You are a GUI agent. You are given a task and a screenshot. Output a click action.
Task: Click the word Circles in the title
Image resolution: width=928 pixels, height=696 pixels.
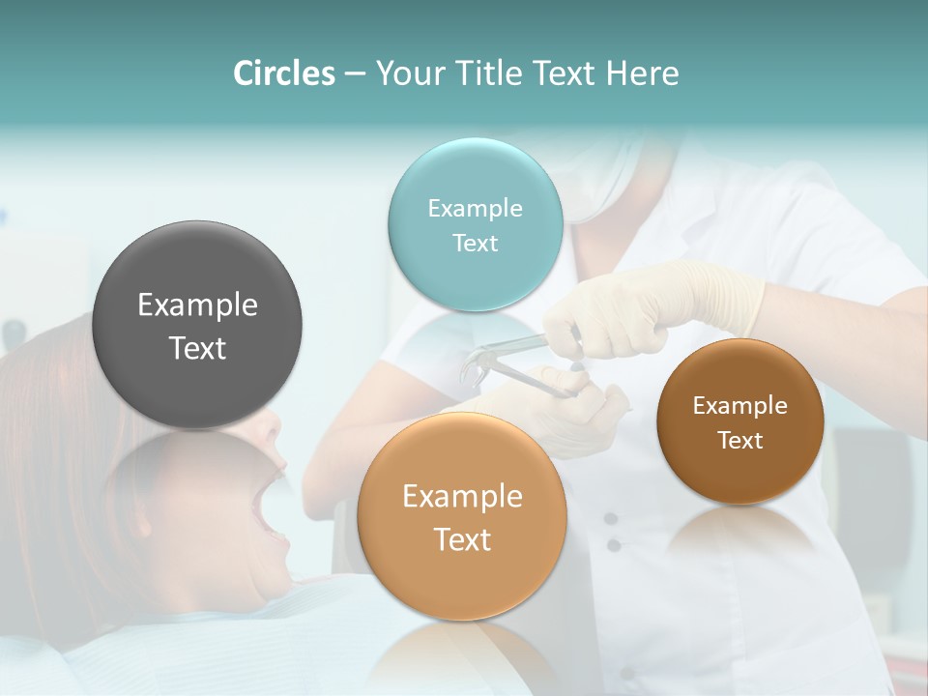click(284, 73)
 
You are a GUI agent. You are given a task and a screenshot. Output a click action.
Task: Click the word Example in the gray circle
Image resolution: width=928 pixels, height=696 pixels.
click(197, 304)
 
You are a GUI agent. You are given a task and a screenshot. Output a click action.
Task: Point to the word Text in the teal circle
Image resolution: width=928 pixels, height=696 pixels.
click(475, 244)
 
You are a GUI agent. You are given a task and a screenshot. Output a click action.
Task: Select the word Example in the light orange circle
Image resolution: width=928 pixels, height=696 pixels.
click(462, 496)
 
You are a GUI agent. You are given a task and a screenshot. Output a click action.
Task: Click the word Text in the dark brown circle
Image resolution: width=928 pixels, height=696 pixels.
click(740, 441)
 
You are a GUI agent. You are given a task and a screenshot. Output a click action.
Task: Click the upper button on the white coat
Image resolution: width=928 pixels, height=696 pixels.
click(611, 519)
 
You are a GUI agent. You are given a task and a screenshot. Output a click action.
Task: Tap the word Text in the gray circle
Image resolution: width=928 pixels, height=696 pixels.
click(197, 348)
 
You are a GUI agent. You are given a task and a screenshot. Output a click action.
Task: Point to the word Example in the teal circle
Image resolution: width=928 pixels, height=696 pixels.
click(475, 208)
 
